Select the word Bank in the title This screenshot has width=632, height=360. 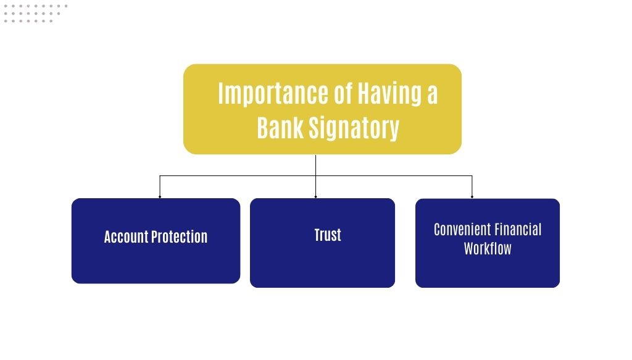[x=280, y=128]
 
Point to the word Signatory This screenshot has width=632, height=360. [x=354, y=128]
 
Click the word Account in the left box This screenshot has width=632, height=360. [x=126, y=237]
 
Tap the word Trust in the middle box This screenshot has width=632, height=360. [x=328, y=235]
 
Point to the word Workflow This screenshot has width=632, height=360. [x=488, y=248]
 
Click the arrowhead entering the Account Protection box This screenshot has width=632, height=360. [x=160, y=197]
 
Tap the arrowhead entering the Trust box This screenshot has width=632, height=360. [x=315, y=197]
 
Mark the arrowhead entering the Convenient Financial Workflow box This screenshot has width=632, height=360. [x=472, y=197]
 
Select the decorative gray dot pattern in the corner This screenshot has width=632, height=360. [x=35, y=14]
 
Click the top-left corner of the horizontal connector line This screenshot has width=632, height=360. [x=160, y=176]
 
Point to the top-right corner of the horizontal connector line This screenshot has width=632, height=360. [x=472, y=176]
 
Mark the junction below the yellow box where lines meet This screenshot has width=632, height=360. [x=315, y=176]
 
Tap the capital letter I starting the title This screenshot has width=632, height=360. [x=221, y=93]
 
